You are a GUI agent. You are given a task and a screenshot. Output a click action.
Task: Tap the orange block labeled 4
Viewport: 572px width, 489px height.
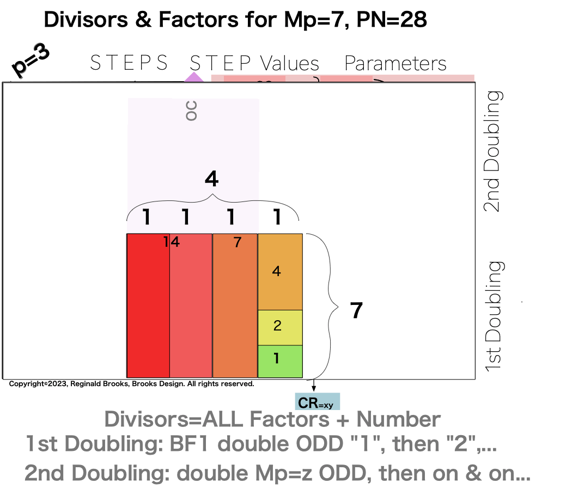pyautogui.click(x=279, y=272)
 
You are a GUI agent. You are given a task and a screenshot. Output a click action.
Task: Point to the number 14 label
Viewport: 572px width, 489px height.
pyautogui.click(x=172, y=242)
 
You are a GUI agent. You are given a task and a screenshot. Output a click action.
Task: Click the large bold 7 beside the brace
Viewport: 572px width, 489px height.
pyautogui.click(x=356, y=310)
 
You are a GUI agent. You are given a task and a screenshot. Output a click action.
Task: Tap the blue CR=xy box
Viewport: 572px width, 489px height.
pyautogui.click(x=318, y=402)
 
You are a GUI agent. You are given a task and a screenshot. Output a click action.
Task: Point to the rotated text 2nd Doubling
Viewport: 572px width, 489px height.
pyautogui.click(x=494, y=151)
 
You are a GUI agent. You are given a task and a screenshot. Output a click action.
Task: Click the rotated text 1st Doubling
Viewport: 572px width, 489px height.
pyautogui.click(x=494, y=316)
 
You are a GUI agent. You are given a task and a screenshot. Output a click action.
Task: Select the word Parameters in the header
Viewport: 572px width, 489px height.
pyautogui.click(x=395, y=64)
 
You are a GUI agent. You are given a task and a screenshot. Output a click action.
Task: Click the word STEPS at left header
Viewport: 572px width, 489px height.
pyautogui.click(x=129, y=63)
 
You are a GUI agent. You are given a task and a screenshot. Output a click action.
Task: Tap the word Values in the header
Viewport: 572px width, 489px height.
pyautogui.click(x=289, y=64)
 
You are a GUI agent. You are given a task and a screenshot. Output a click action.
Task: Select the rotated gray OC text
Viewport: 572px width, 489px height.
pyautogui.click(x=190, y=110)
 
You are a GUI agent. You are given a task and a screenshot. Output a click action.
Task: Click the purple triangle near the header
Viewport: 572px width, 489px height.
pyautogui.click(x=192, y=78)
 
